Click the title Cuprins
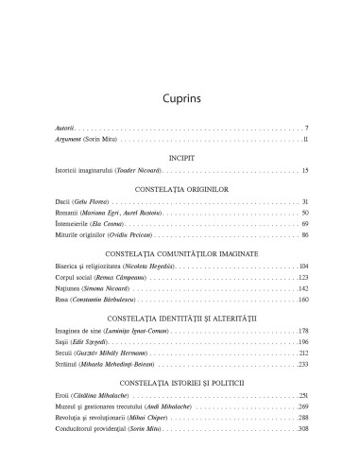179,96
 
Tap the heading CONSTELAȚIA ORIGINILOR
179,188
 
